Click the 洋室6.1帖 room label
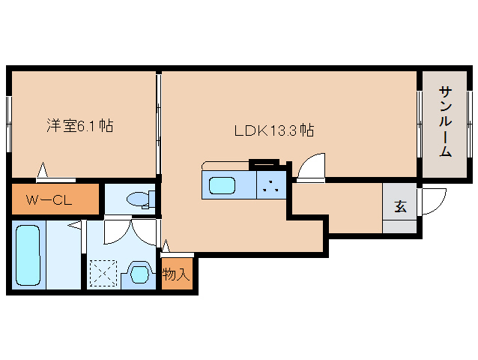click(x=79, y=126)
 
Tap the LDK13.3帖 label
click(x=273, y=130)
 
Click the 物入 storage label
click(x=176, y=274)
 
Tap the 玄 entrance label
click(x=400, y=206)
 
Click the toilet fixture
click(x=139, y=199)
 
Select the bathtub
click(x=28, y=256)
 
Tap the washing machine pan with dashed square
click(x=103, y=273)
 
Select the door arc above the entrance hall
click(x=312, y=167)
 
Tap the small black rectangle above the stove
click(x=263, y=160)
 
